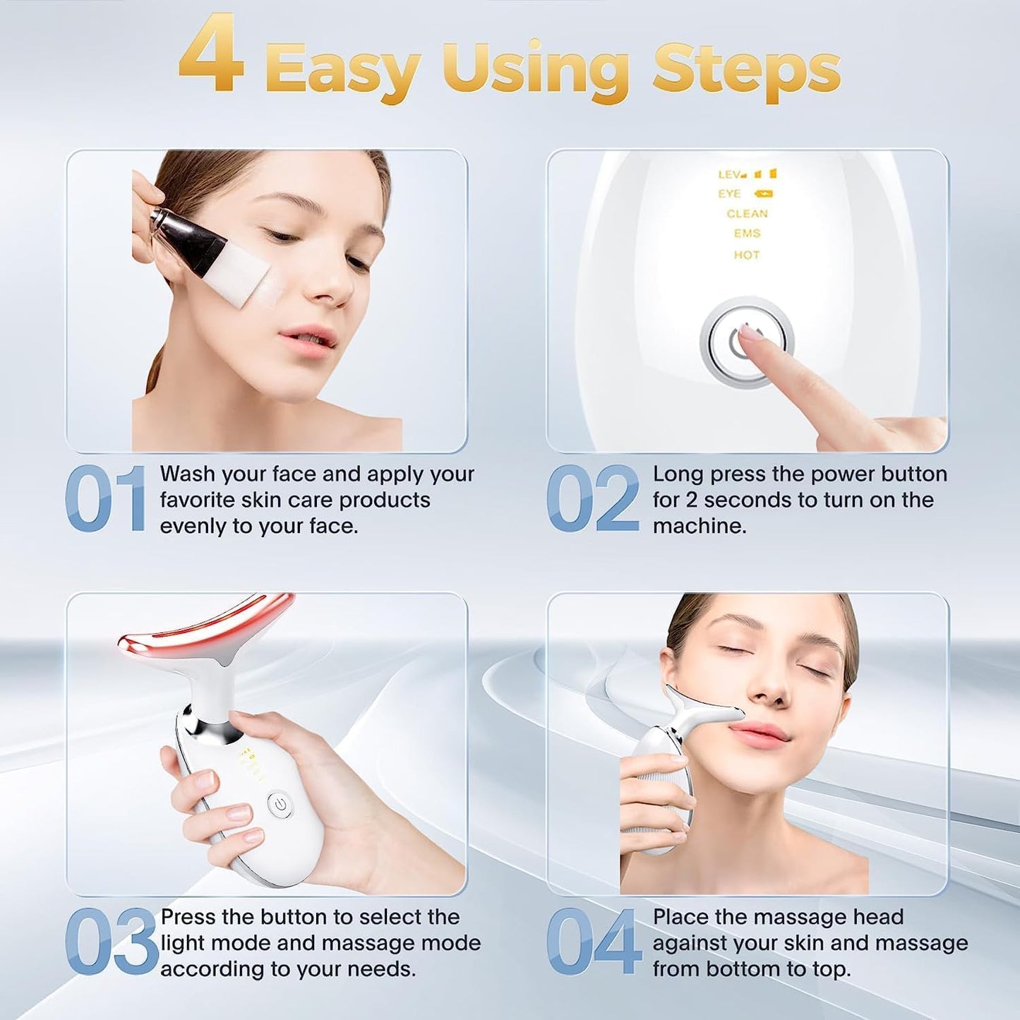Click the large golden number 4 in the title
[212, 56]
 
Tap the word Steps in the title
[746, 68]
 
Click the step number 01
[106, 498]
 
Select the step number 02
[593, 498]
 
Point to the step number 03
[111, 942]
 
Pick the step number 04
[594, 942]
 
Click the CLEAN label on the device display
[747, 214]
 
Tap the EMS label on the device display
[747, 234]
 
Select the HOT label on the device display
[746, 255]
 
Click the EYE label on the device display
[729, 193]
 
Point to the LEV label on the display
[729, 174]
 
